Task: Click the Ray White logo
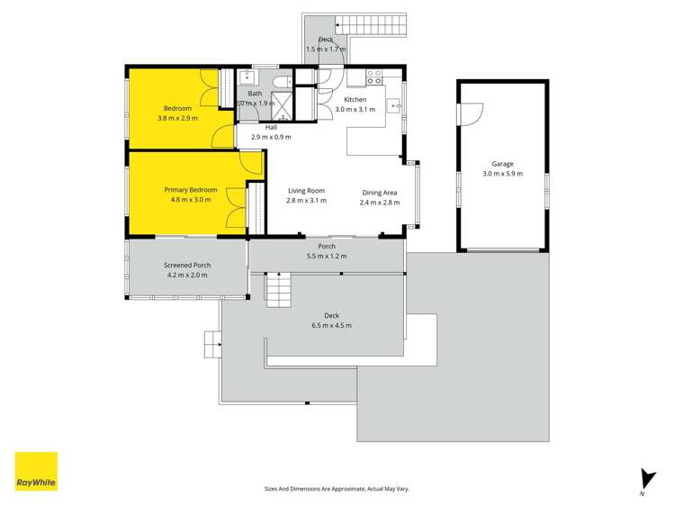[36, 471]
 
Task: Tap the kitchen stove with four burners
[373, 77]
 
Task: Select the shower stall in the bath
[284, 106]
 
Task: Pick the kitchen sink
[395, 106]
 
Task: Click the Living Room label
[306, 191]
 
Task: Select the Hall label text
[271, 127]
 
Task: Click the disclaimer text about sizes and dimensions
[337, 489]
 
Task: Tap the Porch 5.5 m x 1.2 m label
[326, 251]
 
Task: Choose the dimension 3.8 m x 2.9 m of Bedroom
[177, 118]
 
